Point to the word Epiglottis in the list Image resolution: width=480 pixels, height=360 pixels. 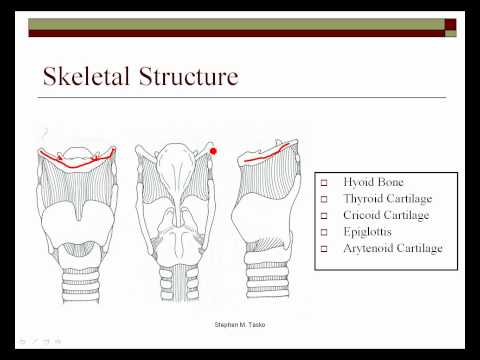(x=368, y=231)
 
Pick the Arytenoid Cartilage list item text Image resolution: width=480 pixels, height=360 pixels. (x=391, y=247)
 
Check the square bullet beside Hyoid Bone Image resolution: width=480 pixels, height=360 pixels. (x=325, y=184)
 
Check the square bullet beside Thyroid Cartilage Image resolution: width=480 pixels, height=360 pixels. (x=325, y=200)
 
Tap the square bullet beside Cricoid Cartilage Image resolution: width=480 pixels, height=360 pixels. (x=325, y=215)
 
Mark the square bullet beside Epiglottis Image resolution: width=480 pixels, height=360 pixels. (x=325, y=231)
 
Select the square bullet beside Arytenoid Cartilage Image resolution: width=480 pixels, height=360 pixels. (x=325, y=247)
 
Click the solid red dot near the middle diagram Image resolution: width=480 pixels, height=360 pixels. (x=213, y=151)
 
